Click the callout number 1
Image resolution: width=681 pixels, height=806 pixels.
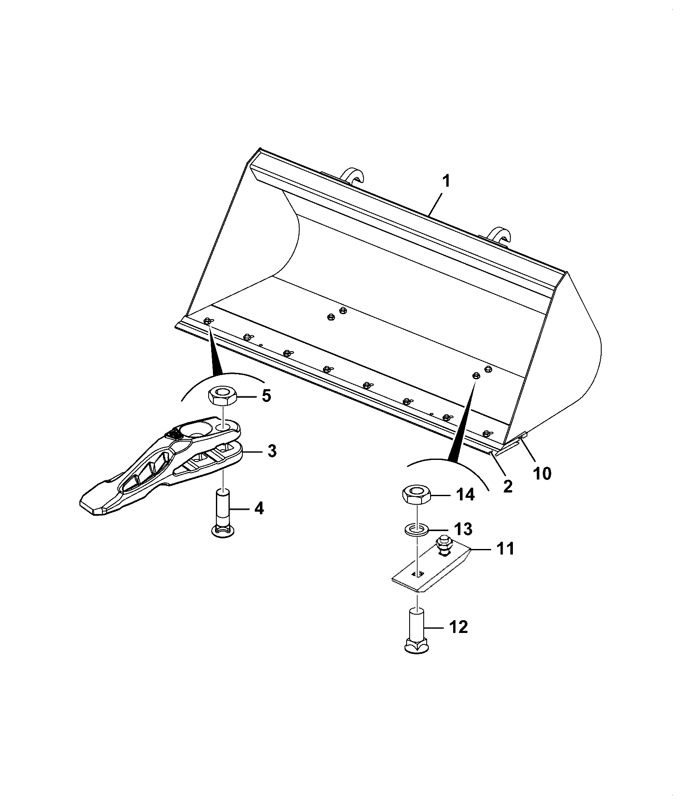pos(445,182)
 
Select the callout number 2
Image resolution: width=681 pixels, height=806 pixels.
pos(507,486)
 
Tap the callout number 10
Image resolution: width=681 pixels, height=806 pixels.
pos(542,473)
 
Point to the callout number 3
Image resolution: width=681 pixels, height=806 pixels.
pos(271,451)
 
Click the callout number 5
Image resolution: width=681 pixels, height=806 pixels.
pos(266,396)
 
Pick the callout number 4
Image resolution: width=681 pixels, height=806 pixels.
pos(259,508)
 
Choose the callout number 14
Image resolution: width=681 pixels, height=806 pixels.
pos(465,495)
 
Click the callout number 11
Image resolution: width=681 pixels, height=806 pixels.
pos(505,549)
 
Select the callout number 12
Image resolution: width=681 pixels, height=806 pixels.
pos(459,627)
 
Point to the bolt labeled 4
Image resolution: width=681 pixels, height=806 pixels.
pos(224,513)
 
